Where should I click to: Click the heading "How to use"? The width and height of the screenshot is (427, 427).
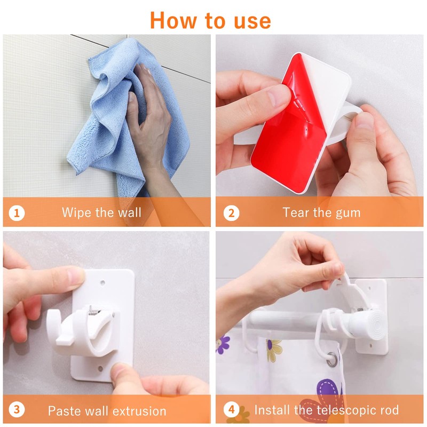[210, 20]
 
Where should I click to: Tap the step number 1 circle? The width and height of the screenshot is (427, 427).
[17, 213]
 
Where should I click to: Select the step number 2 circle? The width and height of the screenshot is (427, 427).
[231, 213]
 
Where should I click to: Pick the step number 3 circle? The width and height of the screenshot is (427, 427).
[17, 410]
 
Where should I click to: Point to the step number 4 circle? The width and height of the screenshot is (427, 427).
[231, 410]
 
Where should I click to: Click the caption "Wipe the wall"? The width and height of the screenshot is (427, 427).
[101, 212]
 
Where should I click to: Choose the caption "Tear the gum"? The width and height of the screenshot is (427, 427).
[322, 212]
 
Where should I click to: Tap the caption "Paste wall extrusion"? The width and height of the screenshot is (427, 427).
[107, 410]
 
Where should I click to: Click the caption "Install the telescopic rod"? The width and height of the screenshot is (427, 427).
[327, 410]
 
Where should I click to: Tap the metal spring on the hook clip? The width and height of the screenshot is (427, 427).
[92, 311]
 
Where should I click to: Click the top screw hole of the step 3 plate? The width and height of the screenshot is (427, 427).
[102, 283]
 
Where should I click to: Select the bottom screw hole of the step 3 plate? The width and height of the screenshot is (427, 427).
[100, 369]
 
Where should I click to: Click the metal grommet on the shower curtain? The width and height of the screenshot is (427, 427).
[331, 359]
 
